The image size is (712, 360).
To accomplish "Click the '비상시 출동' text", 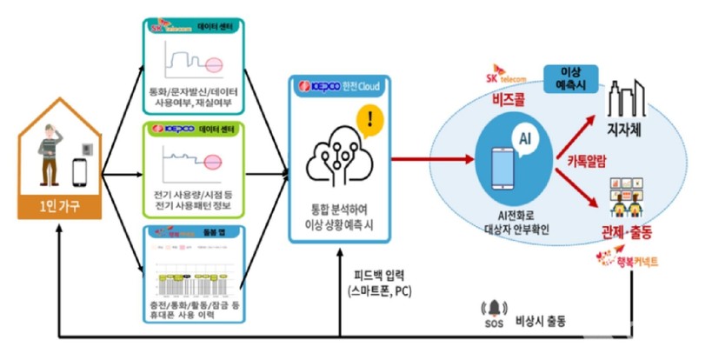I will pos(540,320).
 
